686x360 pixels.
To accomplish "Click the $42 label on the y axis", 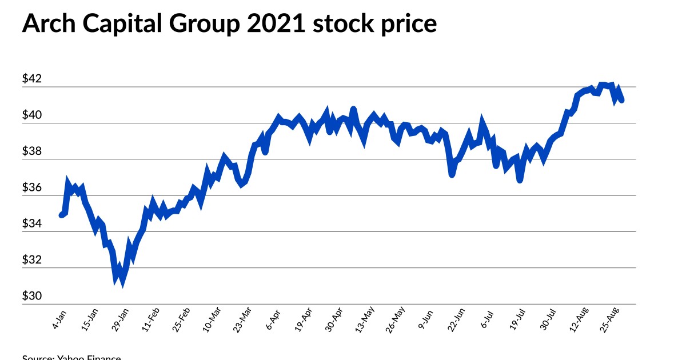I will tap(32, 79).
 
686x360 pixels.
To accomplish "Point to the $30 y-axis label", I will tap(32, 296).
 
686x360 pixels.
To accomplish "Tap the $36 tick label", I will tap(32, 187).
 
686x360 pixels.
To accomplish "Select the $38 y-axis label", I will tap(32, 151).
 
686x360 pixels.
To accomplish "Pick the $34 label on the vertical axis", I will tap(32, 223).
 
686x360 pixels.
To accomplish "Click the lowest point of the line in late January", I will tap(122, 283).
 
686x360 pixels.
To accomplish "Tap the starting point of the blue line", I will tap(62, 215).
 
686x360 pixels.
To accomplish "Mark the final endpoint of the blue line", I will tap(621, 99).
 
